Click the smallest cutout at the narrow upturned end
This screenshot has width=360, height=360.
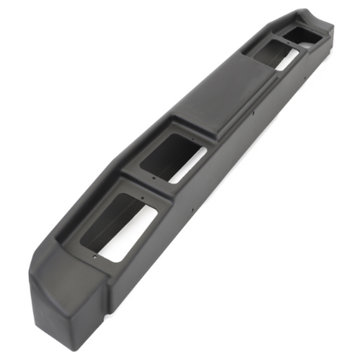[301, 34]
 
